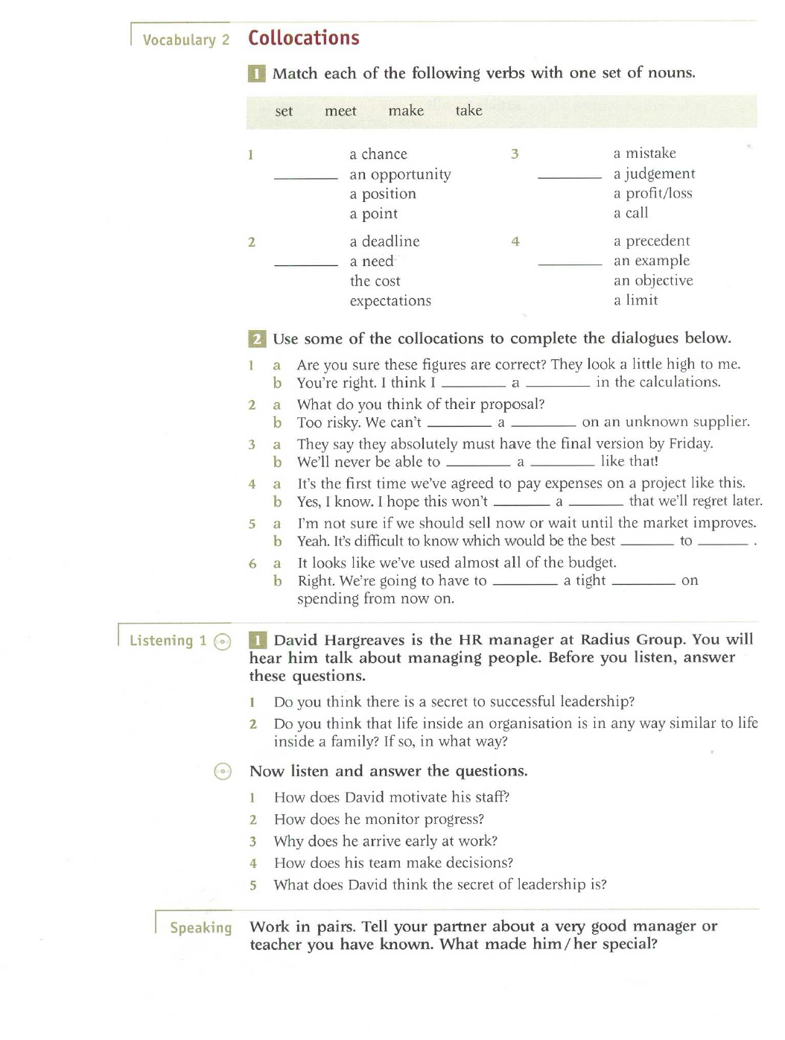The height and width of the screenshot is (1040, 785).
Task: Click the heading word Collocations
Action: tap(303, 38)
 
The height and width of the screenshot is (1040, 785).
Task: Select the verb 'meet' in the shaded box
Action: tap(340, 111)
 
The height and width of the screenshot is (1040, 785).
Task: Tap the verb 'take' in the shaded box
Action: tap(468, 110)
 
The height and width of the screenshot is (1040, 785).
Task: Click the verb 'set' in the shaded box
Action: tap(284, 111)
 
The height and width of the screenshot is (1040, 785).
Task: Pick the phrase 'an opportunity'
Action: tap(400, 174)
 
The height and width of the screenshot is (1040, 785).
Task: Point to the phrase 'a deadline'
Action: tap(384, 241)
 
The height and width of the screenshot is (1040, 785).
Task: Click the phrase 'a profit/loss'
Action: tap(652, 193)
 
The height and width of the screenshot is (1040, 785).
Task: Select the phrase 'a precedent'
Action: tap(652, 241)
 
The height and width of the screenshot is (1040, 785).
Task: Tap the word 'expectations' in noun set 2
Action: tap(390, 301)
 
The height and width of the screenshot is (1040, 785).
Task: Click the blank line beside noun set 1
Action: tap(305, 177)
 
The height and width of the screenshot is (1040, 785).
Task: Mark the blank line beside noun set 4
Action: tap(570, 264)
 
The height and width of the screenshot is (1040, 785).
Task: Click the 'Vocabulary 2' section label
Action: tap(185, 40)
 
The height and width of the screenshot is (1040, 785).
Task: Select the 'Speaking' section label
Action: tap(200, 928)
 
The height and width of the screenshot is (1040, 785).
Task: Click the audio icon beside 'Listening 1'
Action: tap(222, 641)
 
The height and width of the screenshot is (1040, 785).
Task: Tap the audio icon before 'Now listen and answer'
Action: tap(223, 771)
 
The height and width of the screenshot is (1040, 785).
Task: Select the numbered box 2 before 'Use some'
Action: tap(257, 339)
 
